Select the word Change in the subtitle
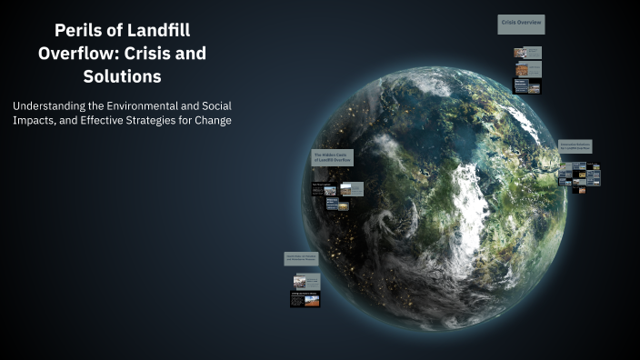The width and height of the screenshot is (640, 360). click(x=212, y=121)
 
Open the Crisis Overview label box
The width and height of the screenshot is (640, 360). click(x=521, y=25)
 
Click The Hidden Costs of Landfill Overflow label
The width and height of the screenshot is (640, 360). click(x=332, y=157)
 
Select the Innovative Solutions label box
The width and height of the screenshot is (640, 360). click(x=575, y=145)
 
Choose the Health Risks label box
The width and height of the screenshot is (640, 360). click(x=300, y=258)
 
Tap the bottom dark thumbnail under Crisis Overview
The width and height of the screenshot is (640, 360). click(x=527, y=86)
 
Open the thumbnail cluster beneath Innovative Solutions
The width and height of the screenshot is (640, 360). click(x=579, y=174)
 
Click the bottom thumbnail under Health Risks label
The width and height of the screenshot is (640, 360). click(x=305, y=298)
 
